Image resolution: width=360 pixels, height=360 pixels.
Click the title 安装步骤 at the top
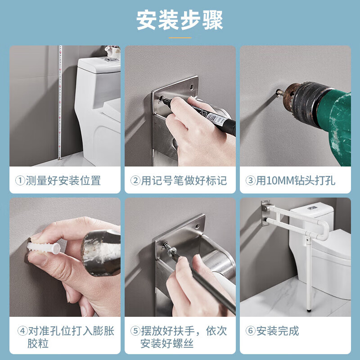point(180,20)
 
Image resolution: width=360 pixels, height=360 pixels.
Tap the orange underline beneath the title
point(180,38)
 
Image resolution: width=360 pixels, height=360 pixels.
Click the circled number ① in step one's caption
point(20,180)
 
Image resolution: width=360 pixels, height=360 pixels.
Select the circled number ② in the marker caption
point(135,180)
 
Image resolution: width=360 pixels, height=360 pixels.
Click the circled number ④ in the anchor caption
point(22,331)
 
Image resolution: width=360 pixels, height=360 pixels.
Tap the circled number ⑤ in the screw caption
point(135,331)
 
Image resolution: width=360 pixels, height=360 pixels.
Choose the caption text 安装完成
point(278,331)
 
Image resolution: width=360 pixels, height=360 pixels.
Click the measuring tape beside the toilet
point(60,103)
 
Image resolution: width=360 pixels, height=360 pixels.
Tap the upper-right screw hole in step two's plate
point(191,87)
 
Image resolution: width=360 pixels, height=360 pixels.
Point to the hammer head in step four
point(101,253)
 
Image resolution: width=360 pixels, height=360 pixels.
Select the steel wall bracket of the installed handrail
point(265,213)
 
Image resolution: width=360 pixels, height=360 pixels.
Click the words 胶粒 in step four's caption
point(38,343)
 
